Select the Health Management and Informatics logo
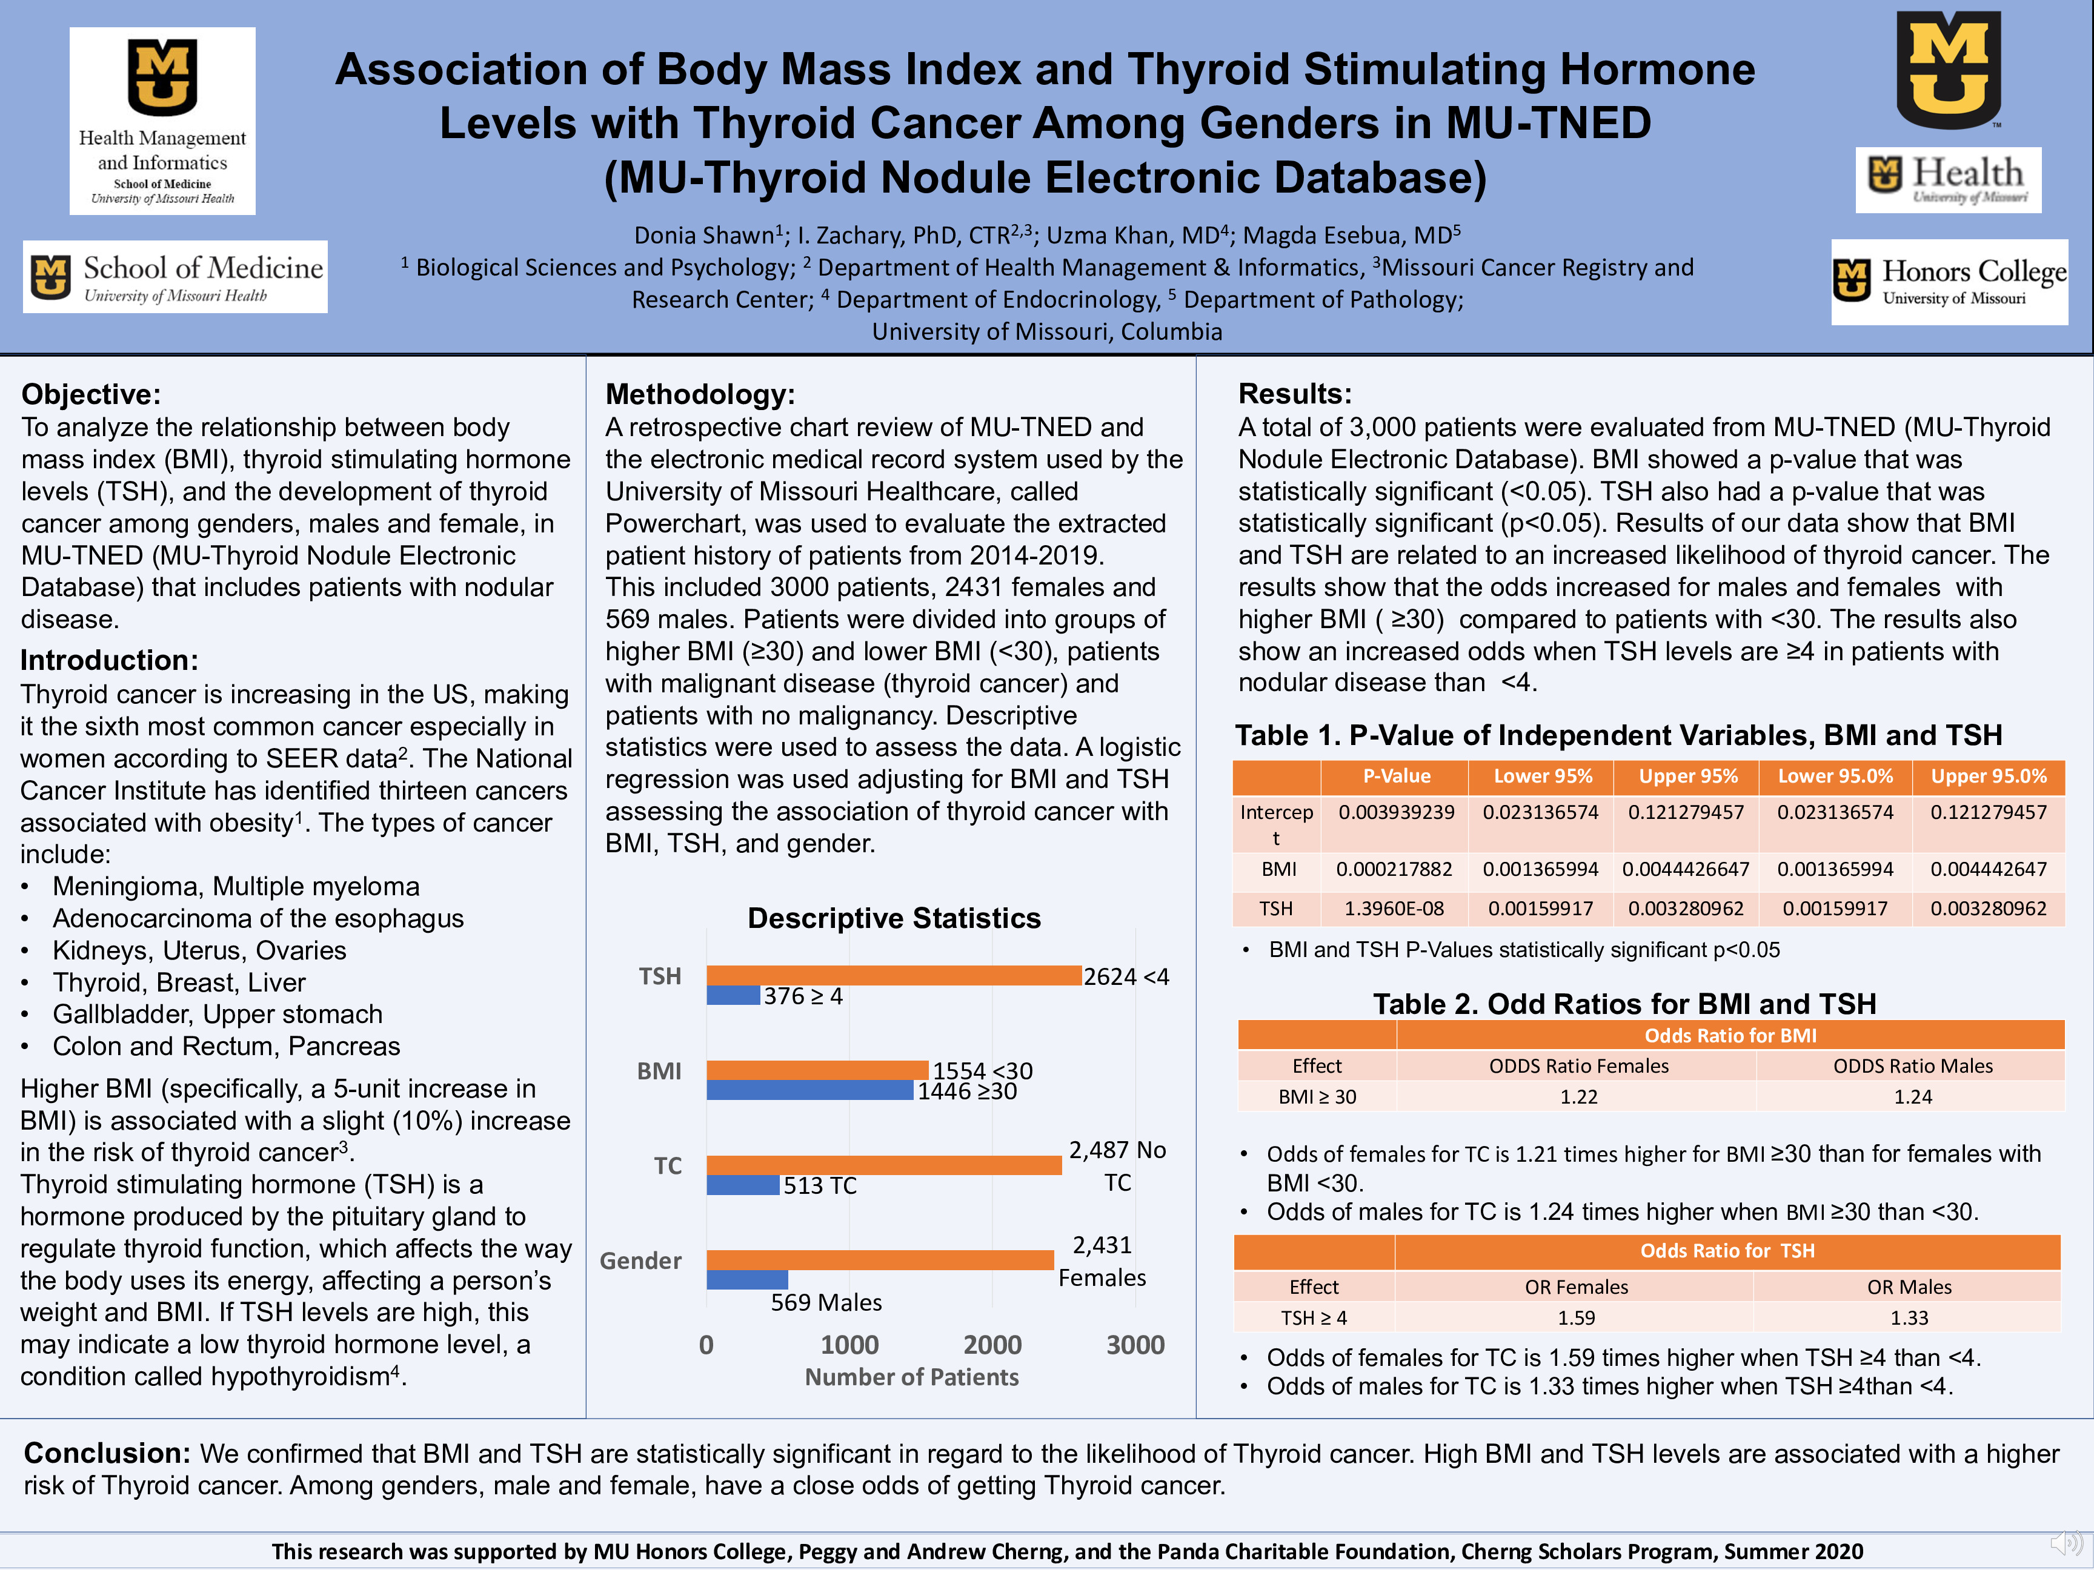point(162,121)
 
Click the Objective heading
point(91,394)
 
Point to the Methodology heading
point(700,394)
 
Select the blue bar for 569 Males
point(747,1279)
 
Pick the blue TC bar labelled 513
point(742,1185)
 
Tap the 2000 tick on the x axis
point(992,1345)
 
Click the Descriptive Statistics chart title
point(894,918)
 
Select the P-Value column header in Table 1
point(1397,776)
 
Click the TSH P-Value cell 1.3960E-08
point(1394,909)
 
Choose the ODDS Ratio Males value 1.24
point(1912,1097)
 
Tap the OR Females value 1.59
point(1576,1317)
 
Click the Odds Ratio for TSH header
point(1727,1251)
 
